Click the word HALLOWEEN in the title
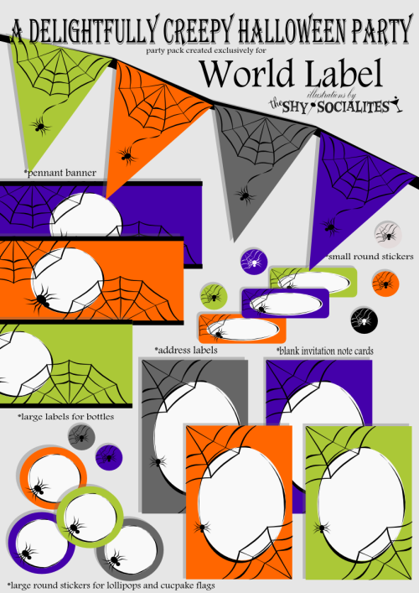tap(292, 29)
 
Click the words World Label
tap(291, 73)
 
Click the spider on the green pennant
tap(39, 125)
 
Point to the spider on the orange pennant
tap(127, 155)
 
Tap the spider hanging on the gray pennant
tap(245, 195)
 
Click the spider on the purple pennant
tap(329, 227)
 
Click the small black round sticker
tap(365, 320)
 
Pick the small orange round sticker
tap(385, 283)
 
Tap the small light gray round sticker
tap(388, 234)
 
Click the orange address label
tap(242, 328)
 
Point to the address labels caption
tap(186, 351)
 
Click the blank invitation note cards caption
tap(325, 351)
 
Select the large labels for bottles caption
tap(65, 417)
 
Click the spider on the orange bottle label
tap(40, 300)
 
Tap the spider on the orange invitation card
tap(203, 527)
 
